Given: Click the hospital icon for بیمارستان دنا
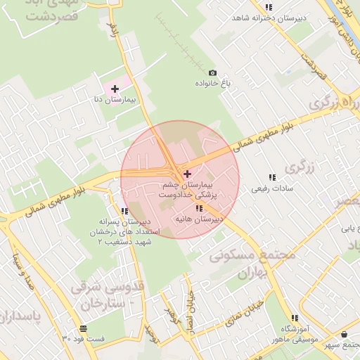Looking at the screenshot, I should coord(115,89).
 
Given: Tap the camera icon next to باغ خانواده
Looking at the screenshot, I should coord(212,72).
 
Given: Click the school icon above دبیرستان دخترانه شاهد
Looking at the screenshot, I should coord(269,8).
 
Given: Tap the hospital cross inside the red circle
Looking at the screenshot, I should coord(186,174).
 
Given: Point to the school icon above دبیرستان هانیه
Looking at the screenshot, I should coord(199,208).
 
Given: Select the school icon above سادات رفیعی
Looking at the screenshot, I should coord(271,177).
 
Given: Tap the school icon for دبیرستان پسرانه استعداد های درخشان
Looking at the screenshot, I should coord(124,210).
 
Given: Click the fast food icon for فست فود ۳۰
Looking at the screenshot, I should coord(84,328).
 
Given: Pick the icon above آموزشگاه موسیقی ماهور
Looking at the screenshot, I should coord(294,318).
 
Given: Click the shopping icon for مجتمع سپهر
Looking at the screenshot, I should coord(344,334).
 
